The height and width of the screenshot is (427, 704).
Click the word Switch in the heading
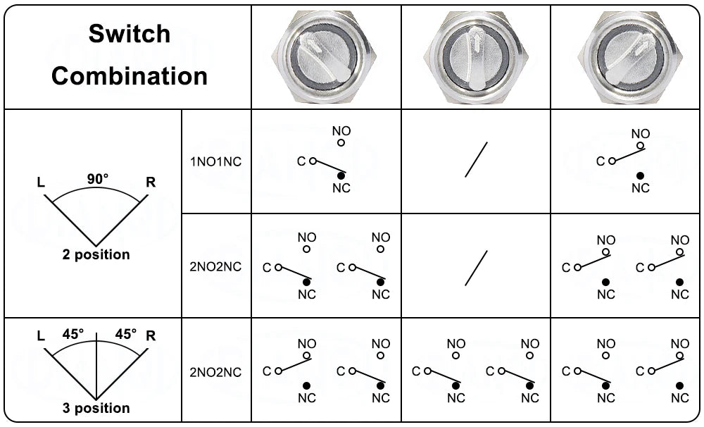130,34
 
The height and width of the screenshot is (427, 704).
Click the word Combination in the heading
130,75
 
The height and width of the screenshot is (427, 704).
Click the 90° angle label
98,179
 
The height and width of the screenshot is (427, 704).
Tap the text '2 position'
96,255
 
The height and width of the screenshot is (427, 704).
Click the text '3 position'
96,408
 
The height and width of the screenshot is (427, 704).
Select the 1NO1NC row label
216,161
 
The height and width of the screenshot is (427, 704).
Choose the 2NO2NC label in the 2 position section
216,267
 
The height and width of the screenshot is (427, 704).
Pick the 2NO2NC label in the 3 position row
216,372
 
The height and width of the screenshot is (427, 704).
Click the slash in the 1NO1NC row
476,159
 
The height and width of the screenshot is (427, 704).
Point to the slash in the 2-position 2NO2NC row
476,268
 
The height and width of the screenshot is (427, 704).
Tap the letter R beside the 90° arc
150,182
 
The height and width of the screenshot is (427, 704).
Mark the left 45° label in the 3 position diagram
72,334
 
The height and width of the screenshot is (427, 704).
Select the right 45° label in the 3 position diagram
125,334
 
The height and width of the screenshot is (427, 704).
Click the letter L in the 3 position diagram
41,336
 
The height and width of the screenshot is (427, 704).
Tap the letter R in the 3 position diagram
150,335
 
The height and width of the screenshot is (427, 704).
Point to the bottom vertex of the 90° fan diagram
96,246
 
